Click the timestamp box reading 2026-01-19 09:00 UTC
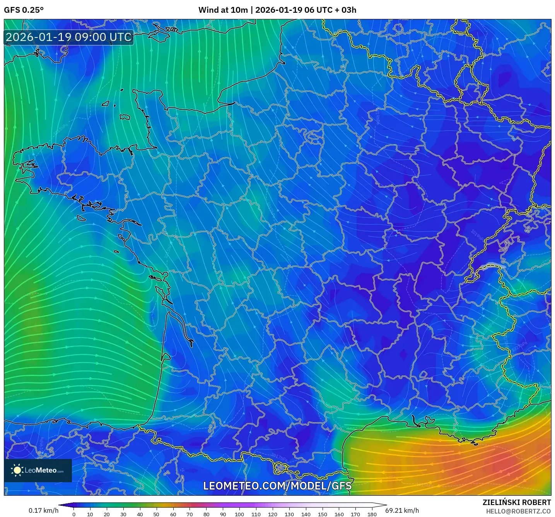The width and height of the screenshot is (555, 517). tap(69, 37)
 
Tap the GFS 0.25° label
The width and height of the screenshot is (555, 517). tap(24, 10)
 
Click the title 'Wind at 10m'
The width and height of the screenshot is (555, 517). tap(223, 10)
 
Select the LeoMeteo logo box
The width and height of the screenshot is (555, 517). tap(38, 470)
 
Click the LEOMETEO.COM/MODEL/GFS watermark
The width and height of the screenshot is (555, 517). tap(277, 486)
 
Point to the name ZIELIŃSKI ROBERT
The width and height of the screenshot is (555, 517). tap(516, 502)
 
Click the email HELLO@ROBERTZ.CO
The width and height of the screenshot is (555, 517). tap(518, 511)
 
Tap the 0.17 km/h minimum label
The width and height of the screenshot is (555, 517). tap(43, 510)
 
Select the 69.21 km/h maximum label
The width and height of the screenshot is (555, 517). tap(402, 510)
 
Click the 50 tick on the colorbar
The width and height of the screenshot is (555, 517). tap(156, 514)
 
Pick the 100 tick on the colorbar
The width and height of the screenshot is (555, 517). tap(239, 514)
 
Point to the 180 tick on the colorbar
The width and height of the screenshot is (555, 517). tap(372, 514)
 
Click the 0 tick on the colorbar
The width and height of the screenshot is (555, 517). tap(74, 514)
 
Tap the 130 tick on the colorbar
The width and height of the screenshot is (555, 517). tap(289, 514)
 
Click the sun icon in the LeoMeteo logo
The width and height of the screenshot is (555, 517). tap(17, 470)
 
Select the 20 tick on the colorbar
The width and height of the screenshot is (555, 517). tap(107, 514)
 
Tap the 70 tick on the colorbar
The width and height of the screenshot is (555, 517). tap(190, 514)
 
